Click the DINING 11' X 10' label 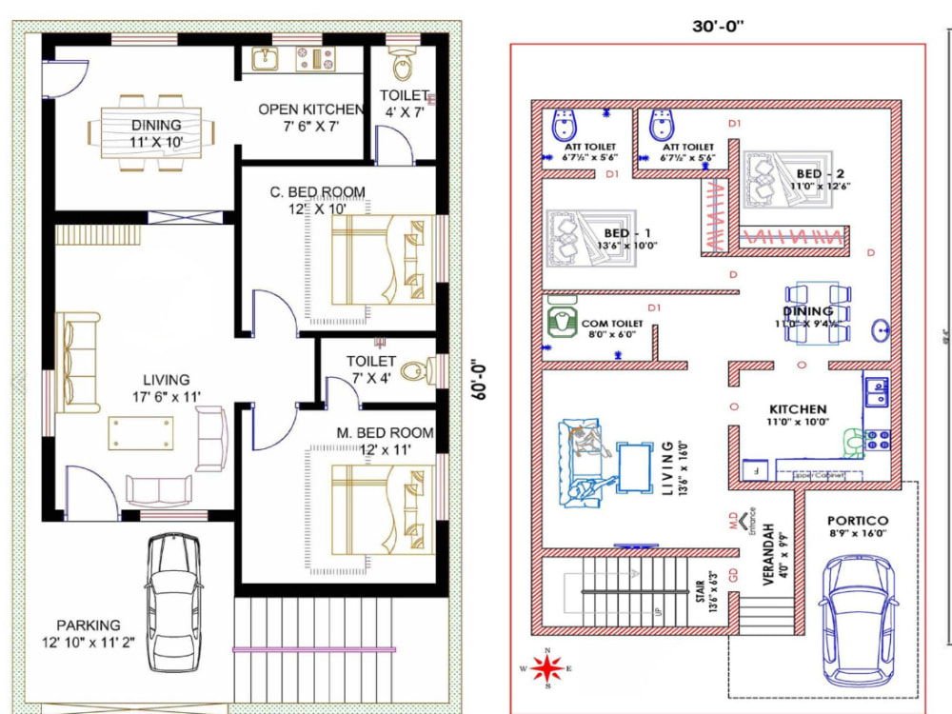pyautogui.click(x=156, y=133)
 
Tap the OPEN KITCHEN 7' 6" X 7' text pyautogui.click(x=311, y=118)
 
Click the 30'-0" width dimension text pyautogui.click(x=717, y=26)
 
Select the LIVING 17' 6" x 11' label pyautogui.click(x=167, y=387)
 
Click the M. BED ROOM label pyautogui.click(x=385, y=441)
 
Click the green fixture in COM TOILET pyautogui.click(x=564, y=322)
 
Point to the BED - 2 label pyautogui.click(x=820, y=180)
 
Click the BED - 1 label pyautogui.click(x=629, y=239)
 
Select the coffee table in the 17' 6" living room pyautogui.click(x=141, y=431)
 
